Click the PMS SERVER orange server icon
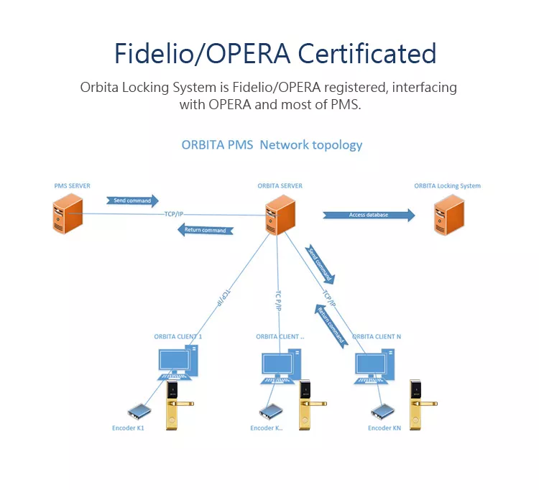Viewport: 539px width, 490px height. pyautogui.click(x=68, y=213)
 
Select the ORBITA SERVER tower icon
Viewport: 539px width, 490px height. pyautogui.click(x=280, y=215)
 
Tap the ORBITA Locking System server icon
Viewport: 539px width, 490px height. pyautogui.click(x=449, y=215)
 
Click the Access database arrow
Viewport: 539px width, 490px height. pyautogui.click(x=369, y=215)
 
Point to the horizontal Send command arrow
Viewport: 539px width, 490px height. pyautogui.click(x=132, y=200)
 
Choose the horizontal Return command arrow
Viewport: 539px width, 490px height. pyautogui.click(x=206, y=230)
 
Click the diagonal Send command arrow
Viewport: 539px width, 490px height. pyautogui.click(x=320, y=264)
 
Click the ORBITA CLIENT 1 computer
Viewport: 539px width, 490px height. pyautogui.click(x=178, y=364)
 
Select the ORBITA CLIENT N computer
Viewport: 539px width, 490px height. pyautogui.click(x=374, y=366)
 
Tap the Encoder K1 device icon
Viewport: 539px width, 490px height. pyautogui.click(x=139, y=411)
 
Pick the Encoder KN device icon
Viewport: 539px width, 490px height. pyautogui.click(x=382, y=412)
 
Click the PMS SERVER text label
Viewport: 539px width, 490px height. pyautogui.click(x=72, y=186)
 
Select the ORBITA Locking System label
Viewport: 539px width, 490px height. pyautogui.click(x=447, y=186)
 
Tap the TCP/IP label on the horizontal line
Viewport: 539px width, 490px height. pyautogui.click(x=174, y=214)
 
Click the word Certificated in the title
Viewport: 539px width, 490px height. pyautogui.click(x=367, y=54)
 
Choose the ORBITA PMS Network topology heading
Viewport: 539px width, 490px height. pyautogui.click(x=272, y=145)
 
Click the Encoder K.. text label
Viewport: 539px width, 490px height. pyautogui.click(x=267, y=427)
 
